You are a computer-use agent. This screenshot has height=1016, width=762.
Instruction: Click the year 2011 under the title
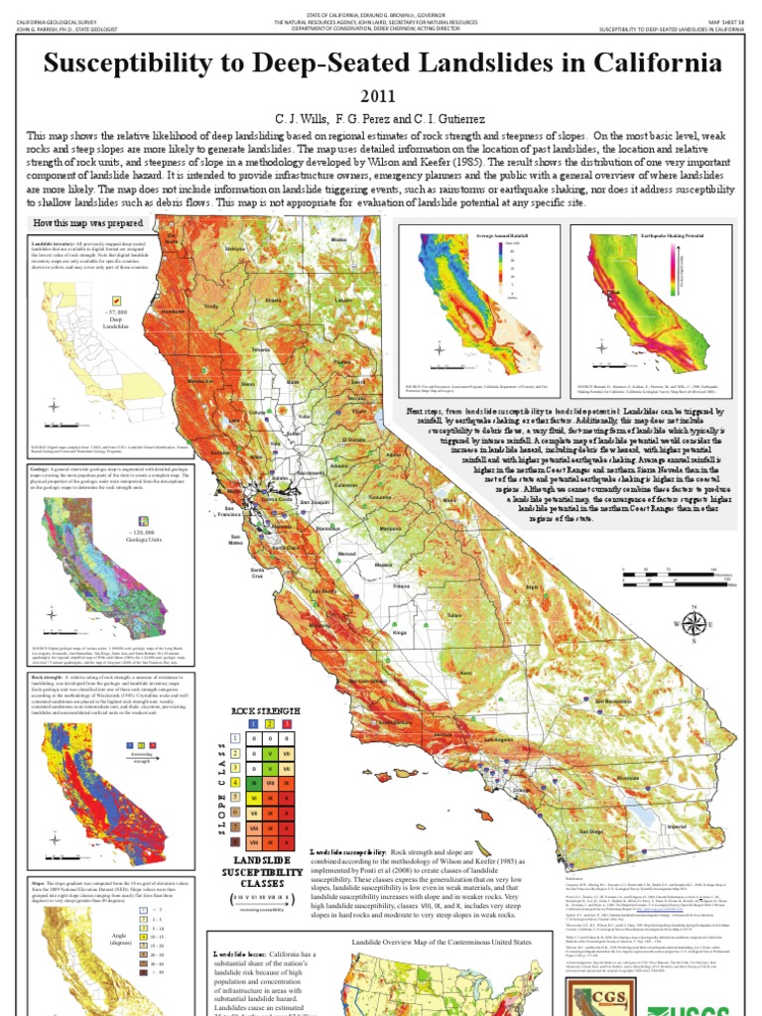(x=380, y=96)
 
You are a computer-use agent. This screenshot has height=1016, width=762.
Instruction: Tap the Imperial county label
(x=680, y=822)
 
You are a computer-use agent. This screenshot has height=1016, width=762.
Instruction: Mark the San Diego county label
(x=591, y=830)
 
